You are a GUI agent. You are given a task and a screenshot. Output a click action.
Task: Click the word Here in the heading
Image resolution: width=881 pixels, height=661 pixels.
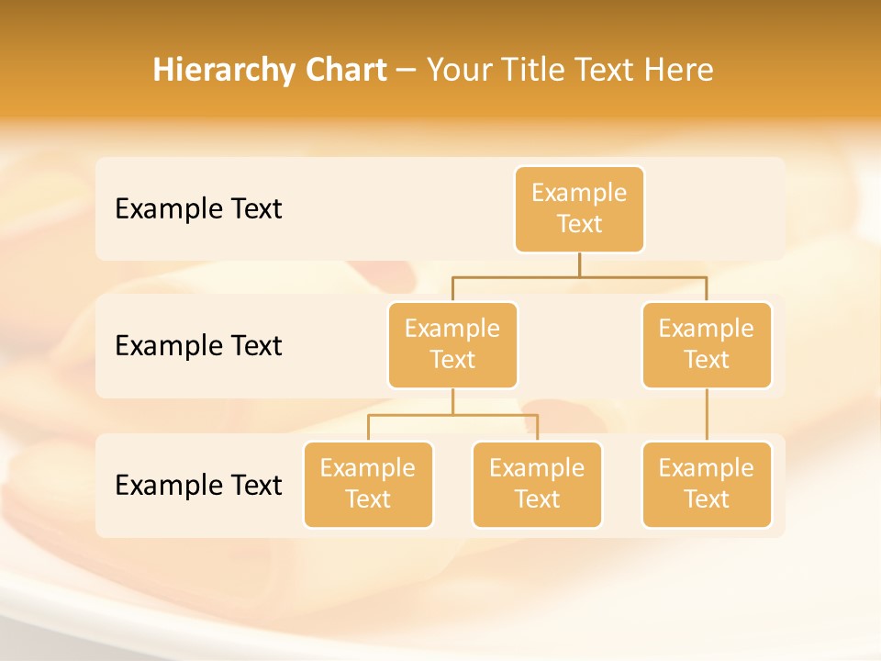678,70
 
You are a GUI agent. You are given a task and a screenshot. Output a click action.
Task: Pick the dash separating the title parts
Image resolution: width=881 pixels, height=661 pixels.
407,71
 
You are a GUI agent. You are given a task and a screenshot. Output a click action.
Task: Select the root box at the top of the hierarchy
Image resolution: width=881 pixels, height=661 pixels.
579,208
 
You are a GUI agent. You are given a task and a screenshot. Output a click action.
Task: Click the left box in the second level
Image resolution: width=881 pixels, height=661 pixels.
452,344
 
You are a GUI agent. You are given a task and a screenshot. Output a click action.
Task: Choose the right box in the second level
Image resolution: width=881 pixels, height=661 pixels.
707,344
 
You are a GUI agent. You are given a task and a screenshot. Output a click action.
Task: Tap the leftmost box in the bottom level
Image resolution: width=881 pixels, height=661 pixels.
368,484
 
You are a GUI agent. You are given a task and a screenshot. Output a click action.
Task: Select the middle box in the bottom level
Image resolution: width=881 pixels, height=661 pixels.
537,484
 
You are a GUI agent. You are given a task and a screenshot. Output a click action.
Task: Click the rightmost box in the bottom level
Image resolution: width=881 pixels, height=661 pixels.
707,484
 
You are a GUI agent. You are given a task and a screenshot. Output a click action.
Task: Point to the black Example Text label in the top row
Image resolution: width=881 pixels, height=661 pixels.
198,208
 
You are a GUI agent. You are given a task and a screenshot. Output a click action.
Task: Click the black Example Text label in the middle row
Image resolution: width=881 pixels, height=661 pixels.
198,345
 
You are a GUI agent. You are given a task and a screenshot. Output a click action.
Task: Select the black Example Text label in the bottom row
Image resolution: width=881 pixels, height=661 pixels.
198,485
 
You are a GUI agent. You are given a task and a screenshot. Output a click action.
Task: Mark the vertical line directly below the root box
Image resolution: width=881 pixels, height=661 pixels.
579,264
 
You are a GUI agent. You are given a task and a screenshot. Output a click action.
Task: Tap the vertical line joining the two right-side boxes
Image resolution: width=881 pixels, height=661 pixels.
707,415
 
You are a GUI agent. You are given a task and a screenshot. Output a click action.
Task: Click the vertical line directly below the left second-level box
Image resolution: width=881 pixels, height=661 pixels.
452,401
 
